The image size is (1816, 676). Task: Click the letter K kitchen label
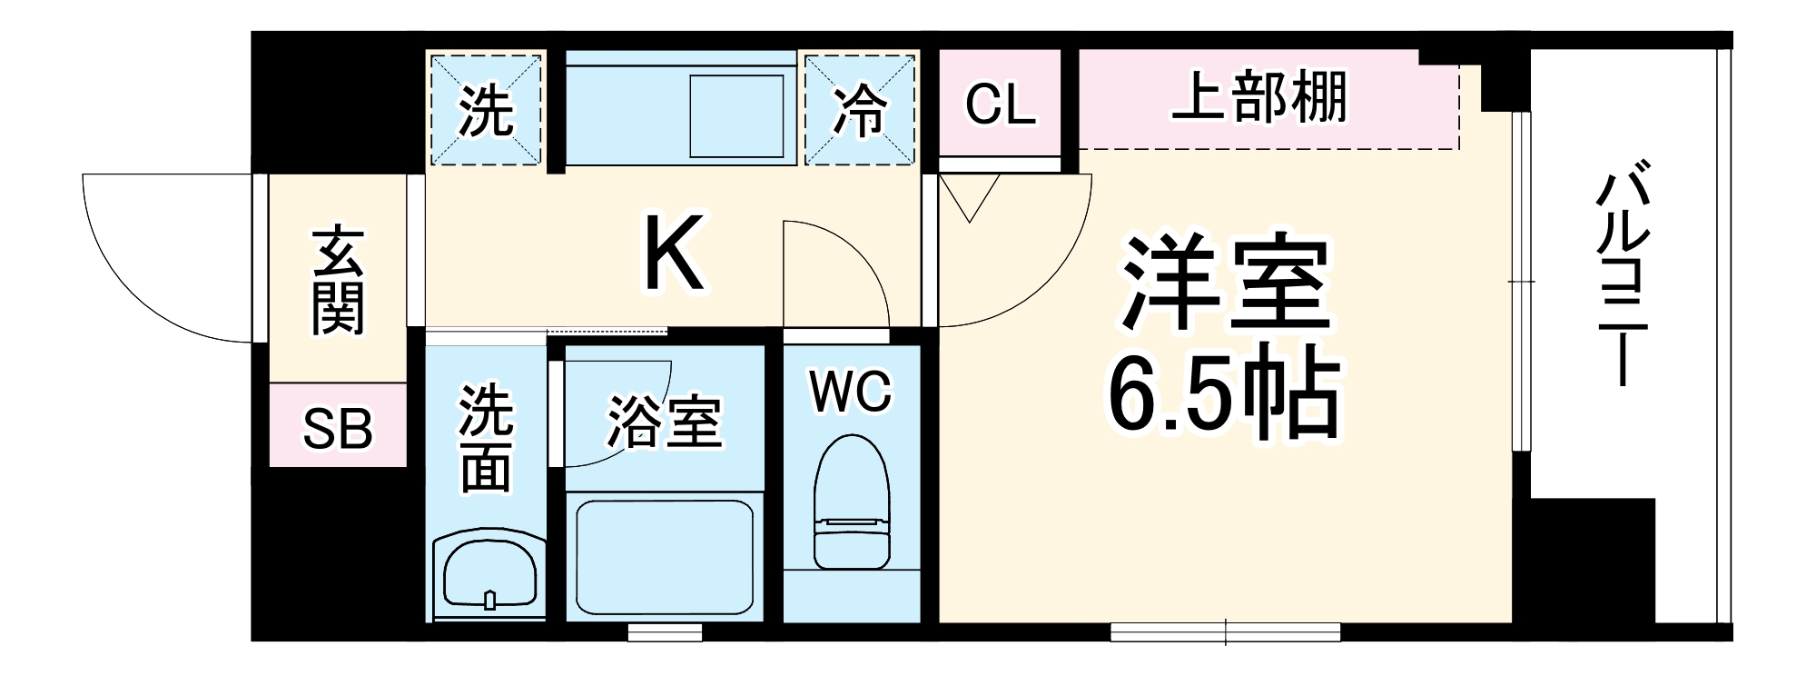pyautogui.click(x=673, y=253)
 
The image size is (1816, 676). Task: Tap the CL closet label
pyautogui.click(x=1000, y=104)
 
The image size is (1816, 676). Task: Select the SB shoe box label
pyautogui.click(x=337, y=428)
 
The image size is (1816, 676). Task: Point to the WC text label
pyautogui.click(x=851, y=392)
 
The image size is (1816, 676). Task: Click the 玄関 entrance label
pyautogui.click(x=338, y=280)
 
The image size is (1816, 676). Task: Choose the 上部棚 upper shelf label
pyautogui.click(x=1259, y=97)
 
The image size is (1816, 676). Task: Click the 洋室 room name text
pyautogui.click(x=1226, y=283)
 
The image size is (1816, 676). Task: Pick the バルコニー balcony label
pyautogui.click(x=1622, y=273)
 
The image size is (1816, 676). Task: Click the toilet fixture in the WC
pyautogui.click(x=851, y=504)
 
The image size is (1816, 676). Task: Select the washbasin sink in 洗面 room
pyautogui.click(x=489, y=573)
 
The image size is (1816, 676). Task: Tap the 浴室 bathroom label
pyautogui.click(x=664, y=422)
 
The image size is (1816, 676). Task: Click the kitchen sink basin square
pyautogui.click(x=736, y=116)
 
